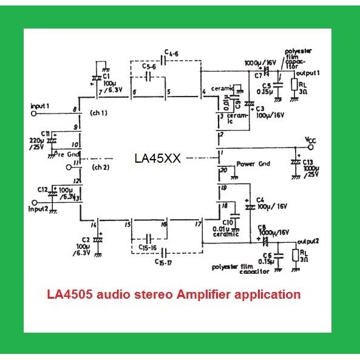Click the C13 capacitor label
[x=308, y=162]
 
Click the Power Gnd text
[x=253, y=164]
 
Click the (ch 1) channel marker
[x=97, y=113]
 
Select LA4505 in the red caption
[x=67, y=294]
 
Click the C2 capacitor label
[x=85, y=240]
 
